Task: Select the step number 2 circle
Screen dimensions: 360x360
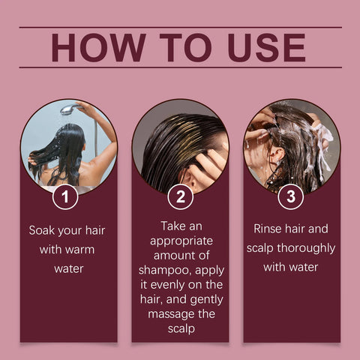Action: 180,197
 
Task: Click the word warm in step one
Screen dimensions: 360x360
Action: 78,248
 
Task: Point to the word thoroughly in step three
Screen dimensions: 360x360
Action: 303,248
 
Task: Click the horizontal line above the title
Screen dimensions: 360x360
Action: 180,27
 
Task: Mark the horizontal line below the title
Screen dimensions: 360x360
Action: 180,67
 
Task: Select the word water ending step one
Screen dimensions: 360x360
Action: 68,268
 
